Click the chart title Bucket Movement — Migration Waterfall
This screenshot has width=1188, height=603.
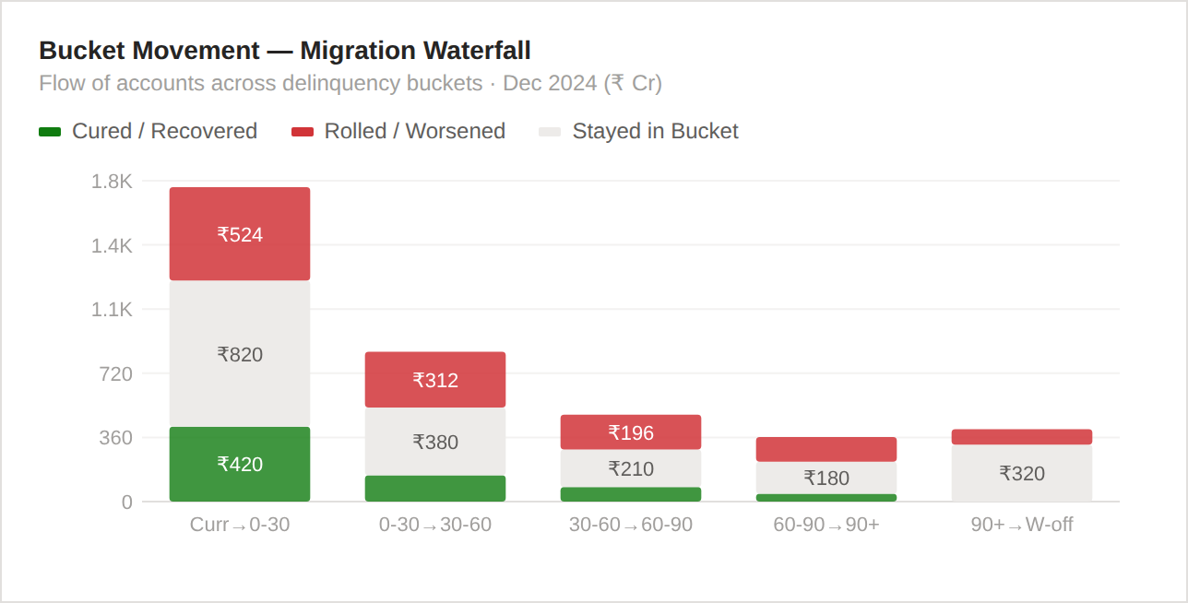(x=284, y=50)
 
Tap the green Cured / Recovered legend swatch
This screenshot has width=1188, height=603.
(x=50, y=132)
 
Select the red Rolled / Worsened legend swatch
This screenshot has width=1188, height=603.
(x=303, y=132)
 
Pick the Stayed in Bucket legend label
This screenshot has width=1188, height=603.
(x=655, y=131)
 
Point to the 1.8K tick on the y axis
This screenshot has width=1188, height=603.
(x=112, y=182)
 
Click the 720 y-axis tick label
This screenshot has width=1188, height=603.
(x=115, y=373)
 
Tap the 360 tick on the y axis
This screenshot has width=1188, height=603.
(x=115, y=438)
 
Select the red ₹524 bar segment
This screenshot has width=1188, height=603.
(x=240, y=234)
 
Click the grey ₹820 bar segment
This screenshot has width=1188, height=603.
(x=240, y=354)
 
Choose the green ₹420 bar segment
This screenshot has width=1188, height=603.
(x=240, y=464)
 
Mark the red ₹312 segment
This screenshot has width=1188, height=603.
(x=435, y=380)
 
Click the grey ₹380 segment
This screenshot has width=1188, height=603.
(x=435, y=442)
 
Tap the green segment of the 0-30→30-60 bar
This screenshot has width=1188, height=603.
(x=435, y=489)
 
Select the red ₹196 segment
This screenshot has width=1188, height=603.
(x=631, y=432)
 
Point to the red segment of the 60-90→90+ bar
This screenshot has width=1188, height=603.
(x=826, y=449)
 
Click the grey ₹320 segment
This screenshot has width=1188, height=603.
(x=1022, y=473)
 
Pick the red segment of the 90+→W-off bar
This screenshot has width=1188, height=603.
(x=1022, y=437)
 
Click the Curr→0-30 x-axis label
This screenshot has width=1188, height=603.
(x=240, y=525)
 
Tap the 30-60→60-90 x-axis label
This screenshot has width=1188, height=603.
(x=631, y=525)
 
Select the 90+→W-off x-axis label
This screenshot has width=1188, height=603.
(x=1022, y=525)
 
